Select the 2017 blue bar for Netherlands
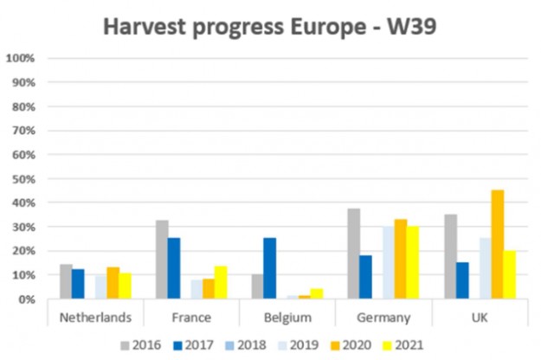click(x=79, y=284)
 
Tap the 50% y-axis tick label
click(x=23, y=179)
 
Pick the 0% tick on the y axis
click(x=26, y=299)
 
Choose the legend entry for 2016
click(x=144, y=344)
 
